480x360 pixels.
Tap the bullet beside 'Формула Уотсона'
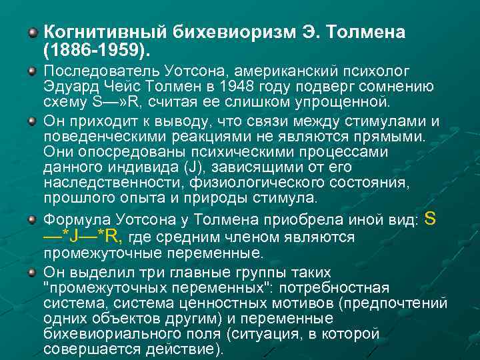[x=33, y=218]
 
